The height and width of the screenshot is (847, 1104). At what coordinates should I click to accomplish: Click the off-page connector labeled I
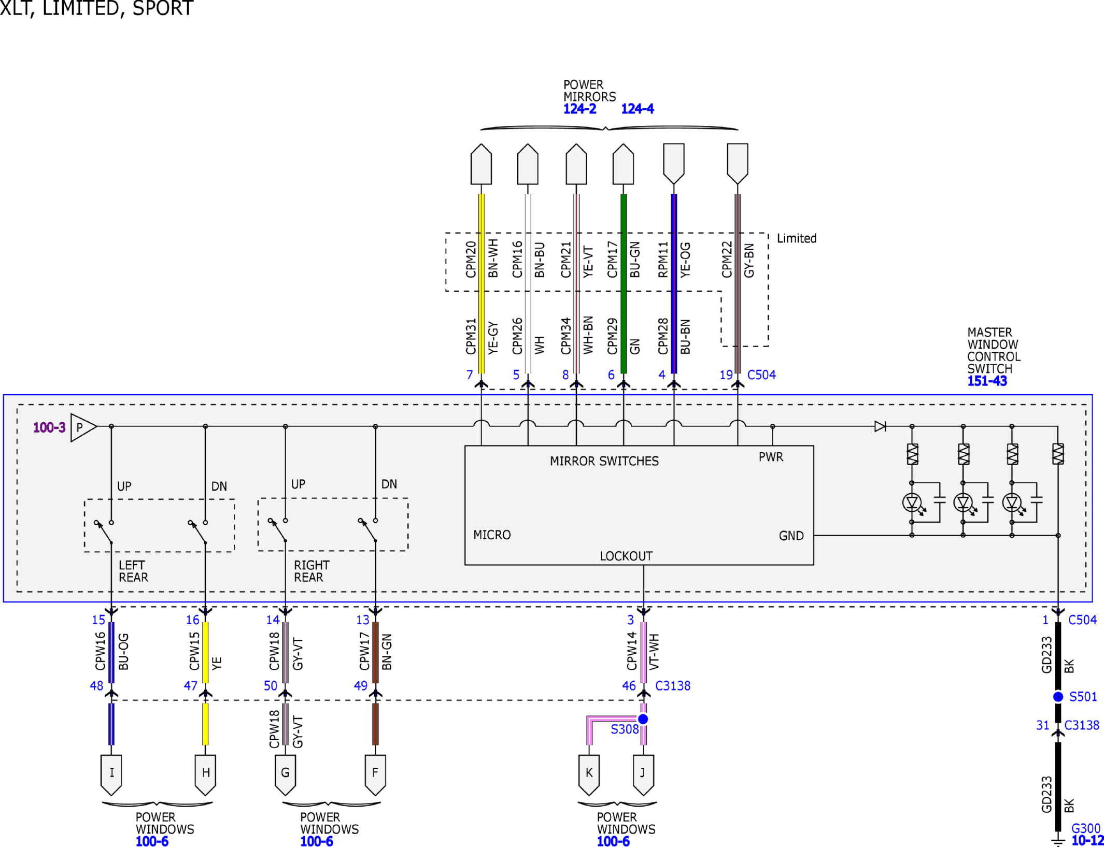point(111,774)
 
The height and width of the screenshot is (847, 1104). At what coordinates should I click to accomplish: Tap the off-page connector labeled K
point(589,774)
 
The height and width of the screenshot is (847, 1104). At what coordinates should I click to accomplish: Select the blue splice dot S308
point(643,719)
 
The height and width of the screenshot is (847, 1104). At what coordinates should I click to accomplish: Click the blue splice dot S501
point(1058,697)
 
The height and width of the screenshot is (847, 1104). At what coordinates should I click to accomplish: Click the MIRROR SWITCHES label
point(604,461)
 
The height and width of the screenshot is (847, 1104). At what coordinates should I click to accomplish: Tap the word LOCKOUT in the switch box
point(626,556)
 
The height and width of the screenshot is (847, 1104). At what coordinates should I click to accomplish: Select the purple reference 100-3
point(49,427)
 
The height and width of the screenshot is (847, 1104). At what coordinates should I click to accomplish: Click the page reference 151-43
point(987,381)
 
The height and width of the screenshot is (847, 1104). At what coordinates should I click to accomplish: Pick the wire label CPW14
point(631,651)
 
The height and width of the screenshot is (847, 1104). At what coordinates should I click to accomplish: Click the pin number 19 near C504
point(726,375)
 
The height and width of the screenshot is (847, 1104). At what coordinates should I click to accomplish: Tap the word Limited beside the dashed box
point(797,238)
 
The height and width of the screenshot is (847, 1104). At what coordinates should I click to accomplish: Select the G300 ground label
point(1085,828)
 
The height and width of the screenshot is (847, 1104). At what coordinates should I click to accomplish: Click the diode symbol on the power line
point(880,426)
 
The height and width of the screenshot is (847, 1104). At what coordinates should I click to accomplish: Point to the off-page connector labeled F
point(375,774)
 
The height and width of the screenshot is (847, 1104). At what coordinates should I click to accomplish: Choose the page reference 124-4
point(638,109)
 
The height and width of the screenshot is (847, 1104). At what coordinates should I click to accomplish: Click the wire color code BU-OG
point(123,652)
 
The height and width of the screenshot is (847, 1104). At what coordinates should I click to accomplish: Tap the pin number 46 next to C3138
point(629,686)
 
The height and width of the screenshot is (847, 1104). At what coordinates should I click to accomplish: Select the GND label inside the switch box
point(791,536)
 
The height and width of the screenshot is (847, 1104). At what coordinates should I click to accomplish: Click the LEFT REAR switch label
point(133,571)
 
